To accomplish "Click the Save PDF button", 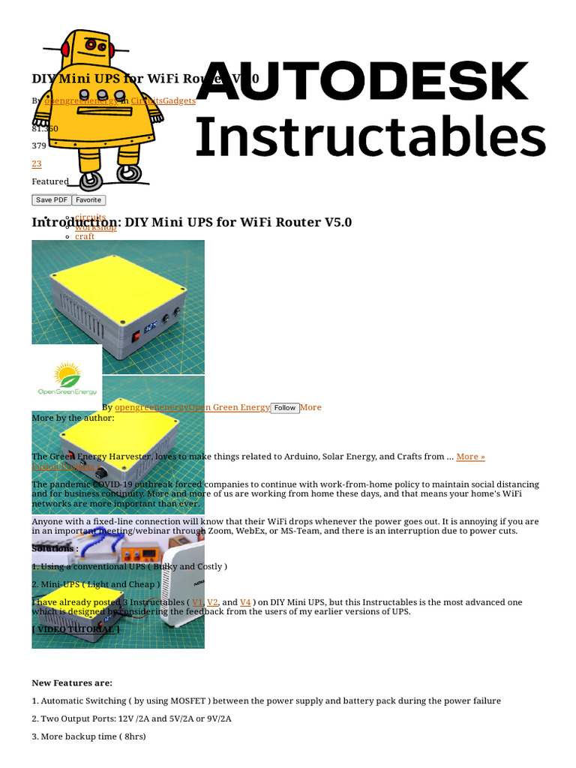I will (51, 200).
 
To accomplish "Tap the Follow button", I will (284, 408).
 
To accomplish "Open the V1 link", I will (197, 602).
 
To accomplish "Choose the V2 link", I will (212, 602).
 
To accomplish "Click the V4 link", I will (245, 602).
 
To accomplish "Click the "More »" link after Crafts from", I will (470, 457).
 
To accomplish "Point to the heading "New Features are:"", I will (72, 683).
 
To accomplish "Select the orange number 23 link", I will (37, 163).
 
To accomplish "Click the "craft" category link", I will (85, 236).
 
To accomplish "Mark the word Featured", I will (49, 181).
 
